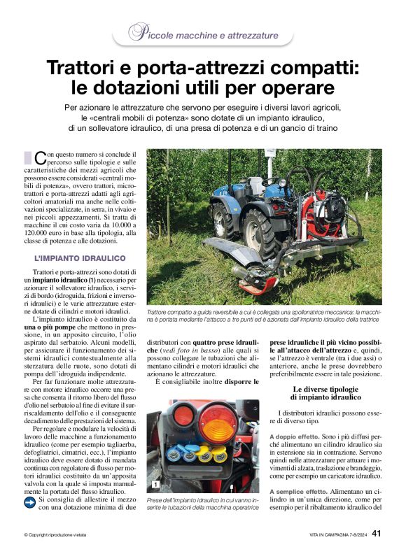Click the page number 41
click(x=376, y=534)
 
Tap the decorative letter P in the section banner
click(x=138, y=31)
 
